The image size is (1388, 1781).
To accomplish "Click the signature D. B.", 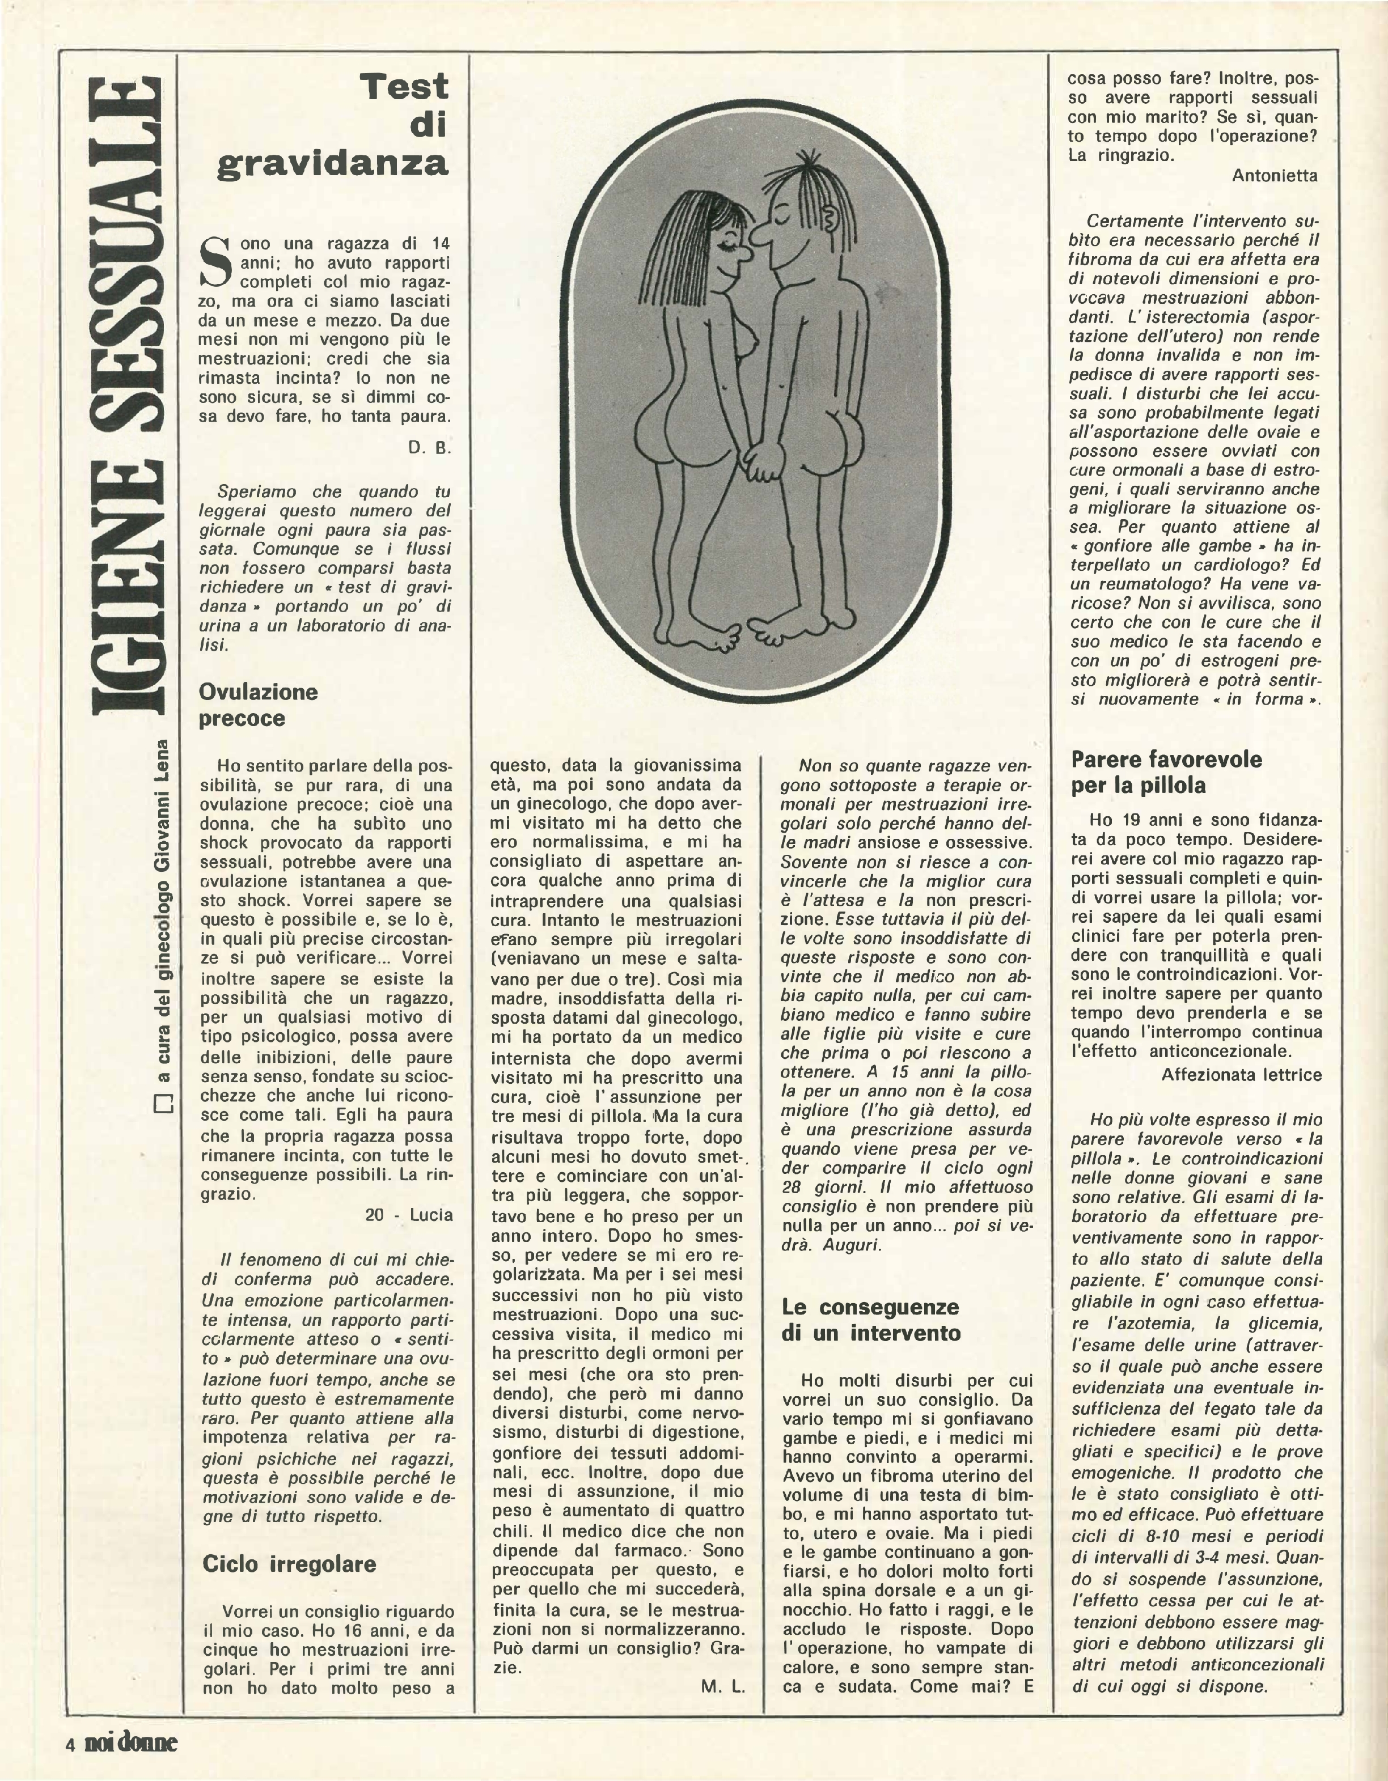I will coord(430,448).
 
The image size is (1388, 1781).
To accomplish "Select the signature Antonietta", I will coord(1274,175).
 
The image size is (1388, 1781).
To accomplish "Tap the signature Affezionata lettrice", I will coord(1241,1075).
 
